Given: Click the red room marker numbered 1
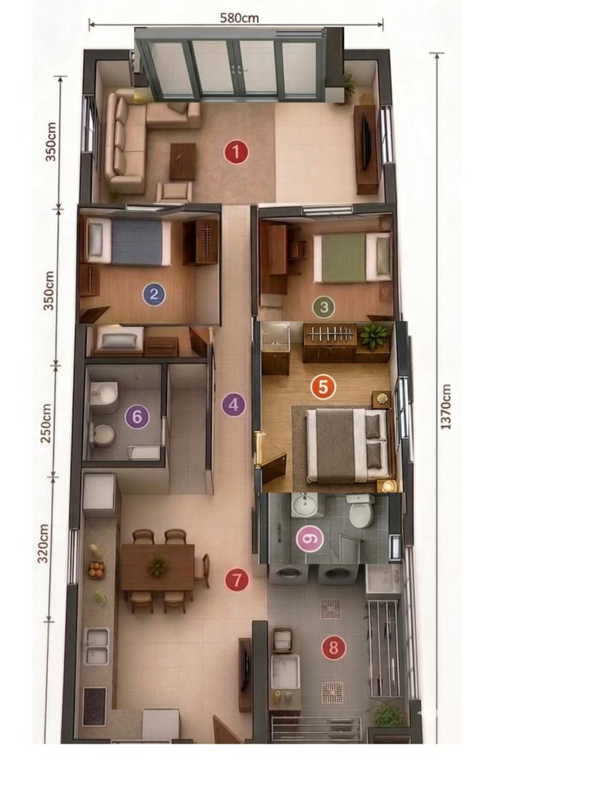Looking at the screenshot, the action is (x=236, y=152).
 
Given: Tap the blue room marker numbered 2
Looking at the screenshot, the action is (x=153, y=295).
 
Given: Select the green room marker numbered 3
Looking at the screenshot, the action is (x=323, y=306).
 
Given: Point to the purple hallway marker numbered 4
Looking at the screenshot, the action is (x=233, y=405).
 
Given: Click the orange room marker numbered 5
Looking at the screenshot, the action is (x=323, y=387).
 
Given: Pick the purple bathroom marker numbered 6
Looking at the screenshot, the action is (x=137, y=417).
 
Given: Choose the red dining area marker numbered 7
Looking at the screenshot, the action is (x=237, y=580).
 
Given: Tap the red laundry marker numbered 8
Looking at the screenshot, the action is (x=334, y=648).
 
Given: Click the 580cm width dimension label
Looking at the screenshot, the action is (x=239, y=18).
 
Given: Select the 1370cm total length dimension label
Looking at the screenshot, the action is (x=446, y=407).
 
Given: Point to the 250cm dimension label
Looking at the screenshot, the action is (x=46, y=423).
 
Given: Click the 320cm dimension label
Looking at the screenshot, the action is (x=44, y=543).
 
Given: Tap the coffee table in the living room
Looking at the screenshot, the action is (x=183, y=161).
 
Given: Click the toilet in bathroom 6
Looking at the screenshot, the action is (x=102, y=435).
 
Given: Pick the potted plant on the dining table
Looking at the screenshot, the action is (x=158, y=566).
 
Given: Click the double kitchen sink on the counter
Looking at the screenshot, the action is (x=97, y=646).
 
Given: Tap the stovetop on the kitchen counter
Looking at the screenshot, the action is (x=94, y=706).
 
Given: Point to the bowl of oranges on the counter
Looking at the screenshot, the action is (x=96, y=570).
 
